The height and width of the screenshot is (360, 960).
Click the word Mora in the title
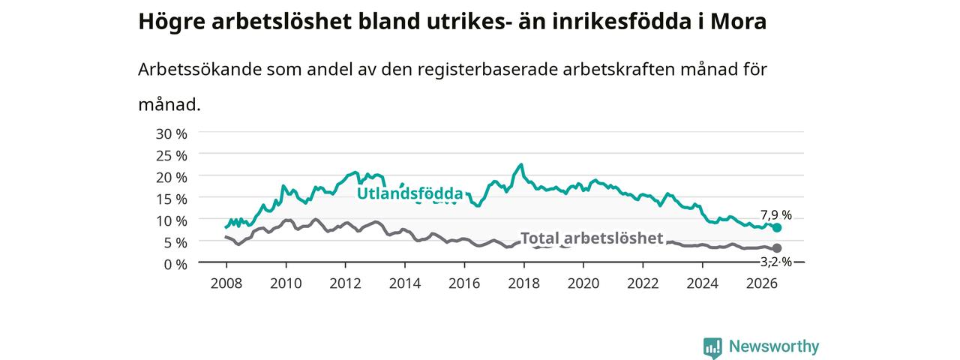click(739, 22)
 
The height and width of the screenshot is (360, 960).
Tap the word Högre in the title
click(172, 22)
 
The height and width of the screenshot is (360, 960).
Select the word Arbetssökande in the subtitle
click(199, 69)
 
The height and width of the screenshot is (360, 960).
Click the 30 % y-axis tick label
click(172, 134)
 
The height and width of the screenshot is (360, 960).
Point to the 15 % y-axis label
click(172, 199)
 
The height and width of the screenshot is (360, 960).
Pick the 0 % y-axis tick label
click(175, 265)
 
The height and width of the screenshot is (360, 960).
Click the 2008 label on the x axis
click(226, 283)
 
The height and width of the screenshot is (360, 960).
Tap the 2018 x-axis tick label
click(523, 283)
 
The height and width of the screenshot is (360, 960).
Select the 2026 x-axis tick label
click(761, 283)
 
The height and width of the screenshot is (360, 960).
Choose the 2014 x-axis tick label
click(404, 283)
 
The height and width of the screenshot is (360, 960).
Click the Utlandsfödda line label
click(410, 193)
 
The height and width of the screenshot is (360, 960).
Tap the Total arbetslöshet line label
click(592, 238)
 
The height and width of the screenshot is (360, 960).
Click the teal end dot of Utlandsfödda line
click(776, 227)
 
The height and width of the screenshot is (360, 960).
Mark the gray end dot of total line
click(776, 248)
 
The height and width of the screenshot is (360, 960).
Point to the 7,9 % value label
click(776, 214)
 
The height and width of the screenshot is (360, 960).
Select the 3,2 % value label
click(776, 262)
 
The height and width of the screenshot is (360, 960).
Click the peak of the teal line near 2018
click(521, 164)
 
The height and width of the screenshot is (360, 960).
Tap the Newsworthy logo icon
click(712, 347)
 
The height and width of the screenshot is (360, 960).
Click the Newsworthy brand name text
click(774, 346)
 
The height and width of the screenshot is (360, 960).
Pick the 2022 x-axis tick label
click(643, 283)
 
